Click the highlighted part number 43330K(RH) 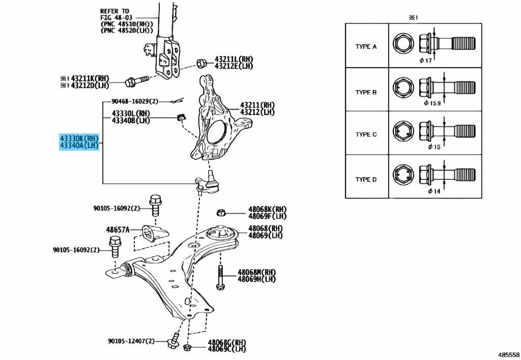[x=79, y=138]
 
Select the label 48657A [x=118, y=229]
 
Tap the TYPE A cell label [x=366, y=46]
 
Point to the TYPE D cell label [x=366, y=180]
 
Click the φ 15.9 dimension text [x=432, y=103]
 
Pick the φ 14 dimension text [x=434, y=191]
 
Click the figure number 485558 [x=508, y=355]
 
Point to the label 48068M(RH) [x=256, y=272]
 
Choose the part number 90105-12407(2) [x=131, y=341]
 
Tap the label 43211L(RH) [x=234, y=59]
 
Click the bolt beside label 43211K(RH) [x=137, y=80]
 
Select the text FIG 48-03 [x=117, y=18]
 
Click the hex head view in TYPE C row [x=403, y=131]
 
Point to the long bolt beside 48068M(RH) [x=220, y=278]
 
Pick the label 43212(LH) [x=257, y=112]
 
